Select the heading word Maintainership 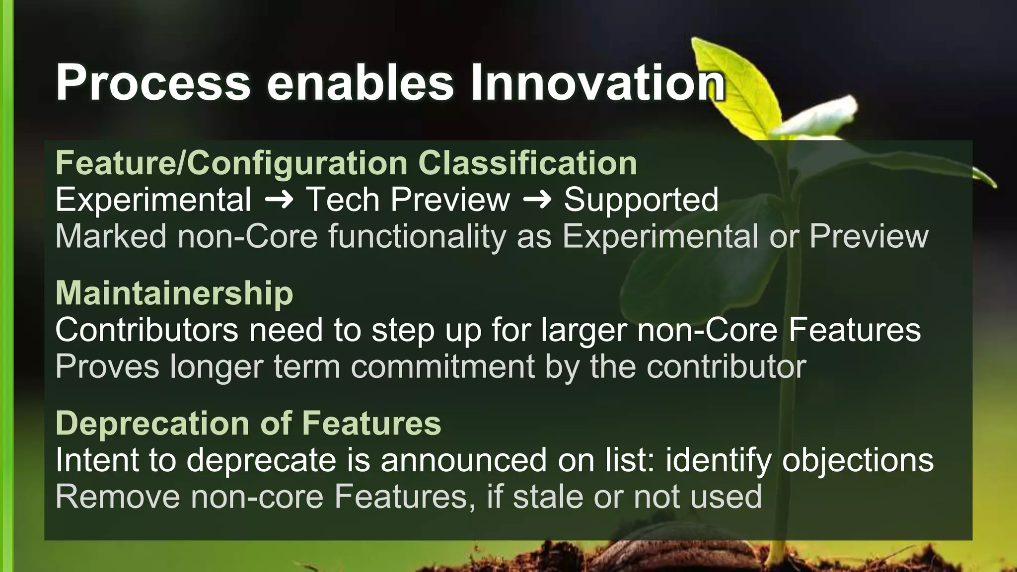[x=174, y=293]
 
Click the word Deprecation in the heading [x=152, y=423]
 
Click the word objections [x=858, y=460]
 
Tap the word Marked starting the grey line [x=111, y=236]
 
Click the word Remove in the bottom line [x=118, y=497]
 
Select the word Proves [x=107, y=367]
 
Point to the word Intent [x=95, y=460]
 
